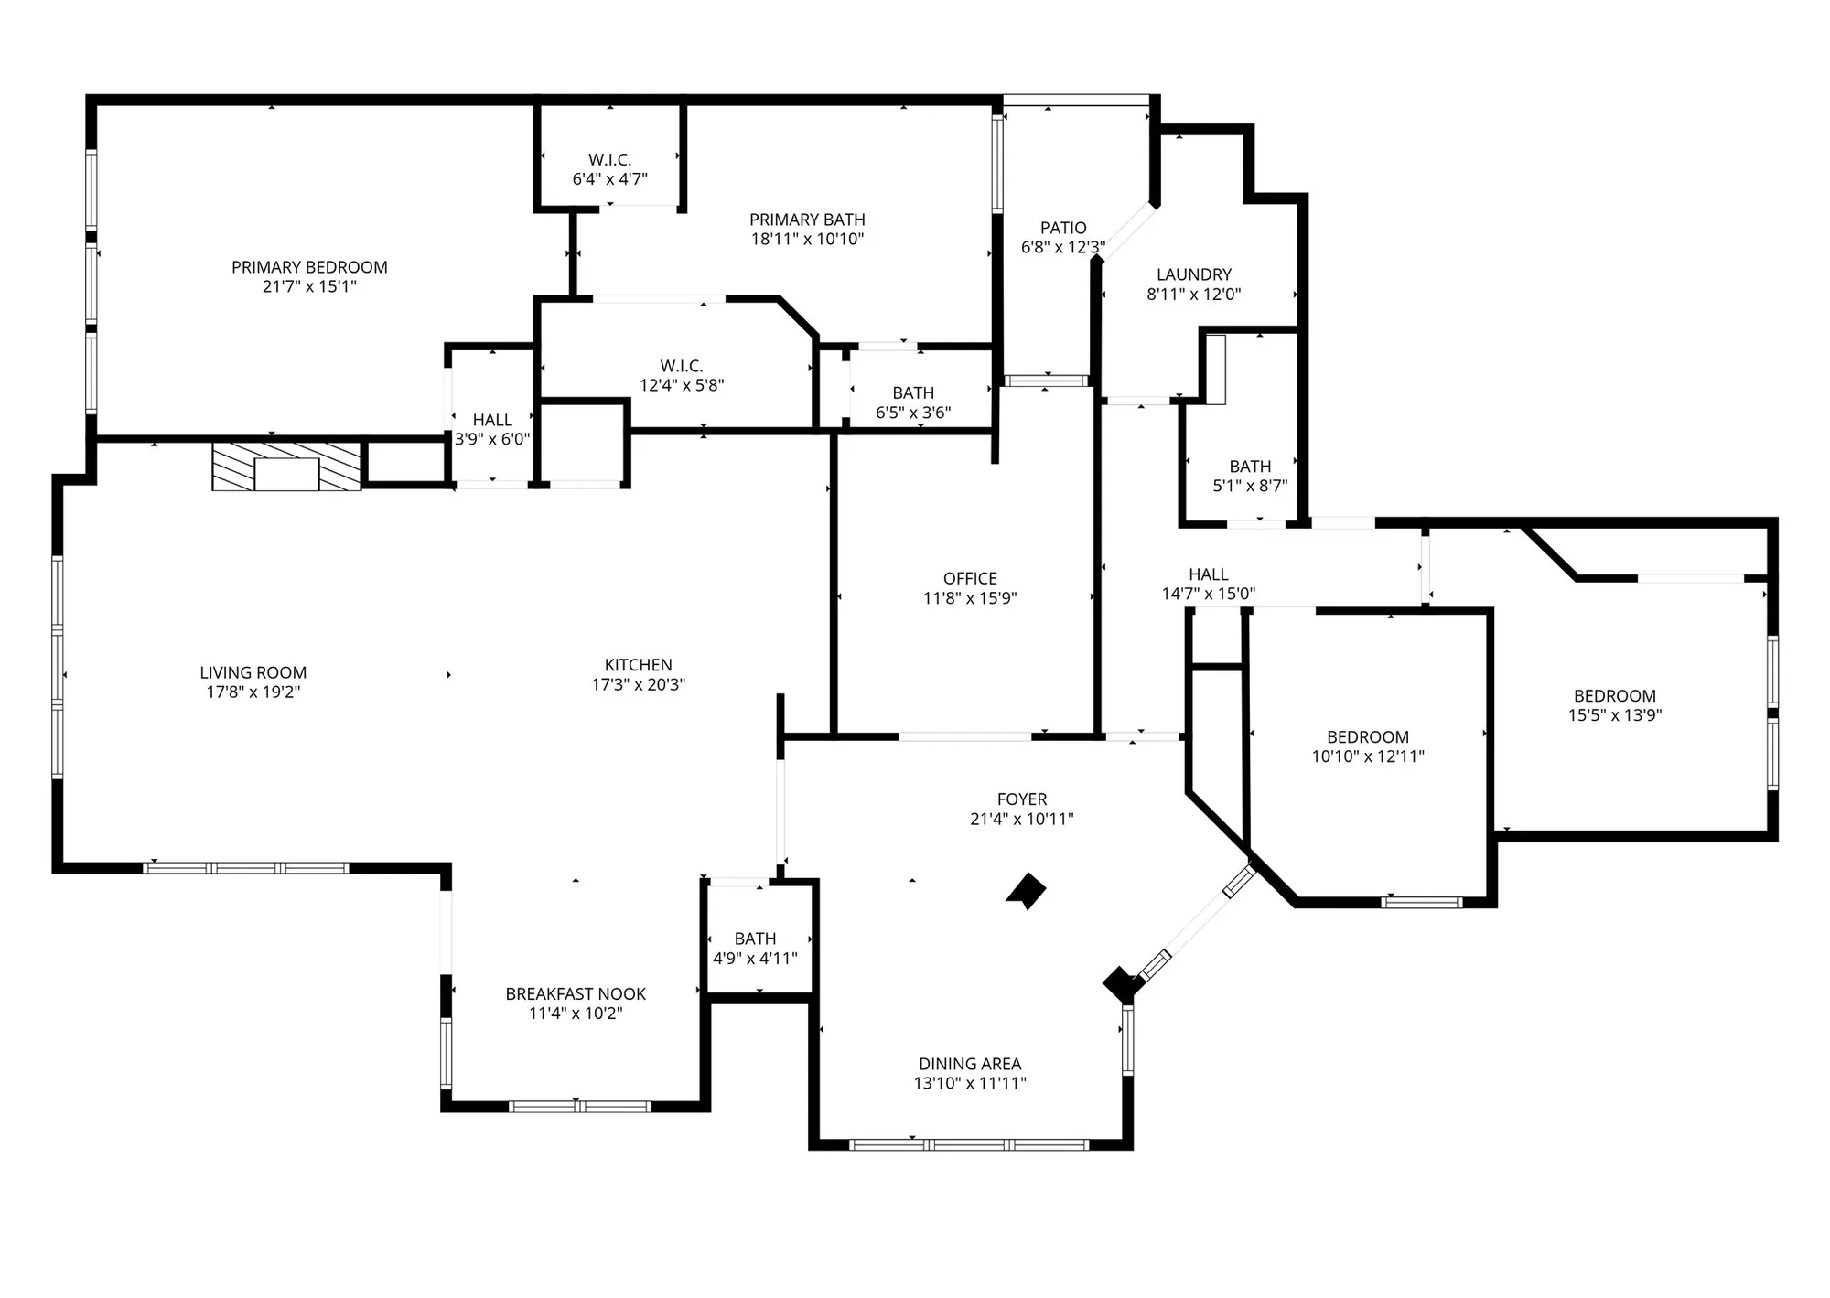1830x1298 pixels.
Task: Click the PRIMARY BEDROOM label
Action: coord(309,267)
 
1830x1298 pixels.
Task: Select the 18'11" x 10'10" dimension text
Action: coord(807,240)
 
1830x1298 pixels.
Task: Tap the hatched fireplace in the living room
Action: coord(286,467)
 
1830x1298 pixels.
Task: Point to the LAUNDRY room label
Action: coord(1193,274)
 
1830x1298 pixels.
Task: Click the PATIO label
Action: coord(1063,228)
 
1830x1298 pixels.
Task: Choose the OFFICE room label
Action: coord(970,578)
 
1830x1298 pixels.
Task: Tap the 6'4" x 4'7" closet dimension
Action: coord(609,179)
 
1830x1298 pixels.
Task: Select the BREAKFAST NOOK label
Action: coord(576,993)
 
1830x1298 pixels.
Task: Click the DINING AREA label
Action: coord(970,1064)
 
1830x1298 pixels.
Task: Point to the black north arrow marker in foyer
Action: coord(1028,891)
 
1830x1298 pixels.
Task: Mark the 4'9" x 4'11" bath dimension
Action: coord(755,959)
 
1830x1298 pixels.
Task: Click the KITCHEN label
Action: coord(638,665)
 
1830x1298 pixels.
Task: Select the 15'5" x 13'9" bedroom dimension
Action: coord(1615,715)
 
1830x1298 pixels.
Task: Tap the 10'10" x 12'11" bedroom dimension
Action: coord(1368,756)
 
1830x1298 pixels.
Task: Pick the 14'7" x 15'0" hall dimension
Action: coord(1208,594)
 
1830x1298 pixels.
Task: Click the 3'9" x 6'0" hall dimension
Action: coord(492,439)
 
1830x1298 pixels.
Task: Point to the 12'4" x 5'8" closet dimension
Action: coord(682,385)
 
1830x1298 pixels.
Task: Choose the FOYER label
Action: coord(1022,799)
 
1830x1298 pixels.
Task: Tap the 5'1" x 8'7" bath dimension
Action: coord(1250,486)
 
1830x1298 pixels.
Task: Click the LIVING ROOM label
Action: coord(253,672)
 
